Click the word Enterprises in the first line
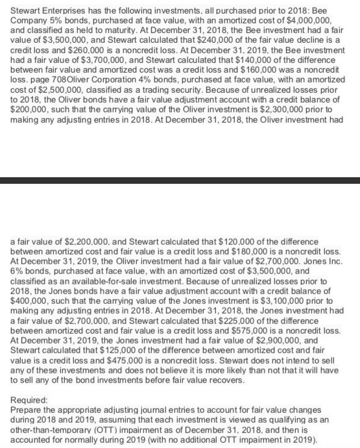coord(66,7)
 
